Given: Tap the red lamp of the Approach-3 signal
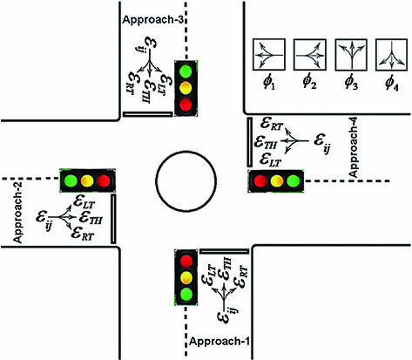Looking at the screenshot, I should pyautogui.click(x=185, y=105).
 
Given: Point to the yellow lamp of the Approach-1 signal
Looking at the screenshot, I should pyautogui.click(x=186, y=277).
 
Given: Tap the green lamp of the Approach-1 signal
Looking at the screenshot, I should pyautogui.click(x=186, y=295).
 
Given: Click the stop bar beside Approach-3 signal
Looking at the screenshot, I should pyautogui.click(x=141, y=112).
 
